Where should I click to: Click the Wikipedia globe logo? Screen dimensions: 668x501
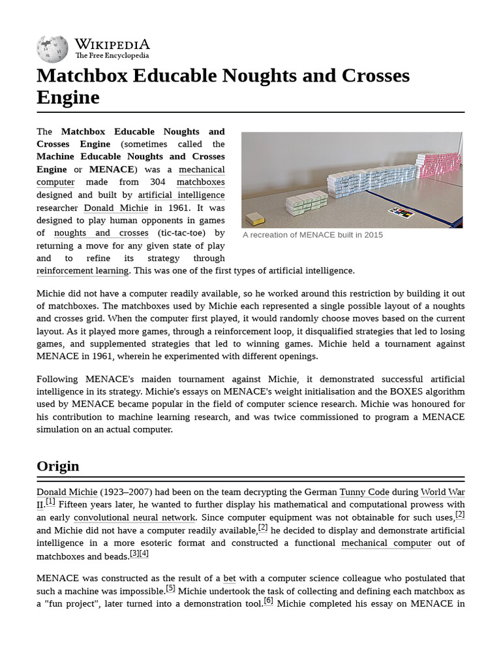click(x=52, y=49)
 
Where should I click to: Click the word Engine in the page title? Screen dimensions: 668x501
click(x=68, y=98)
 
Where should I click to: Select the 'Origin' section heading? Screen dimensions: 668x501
click(x=58, y=466)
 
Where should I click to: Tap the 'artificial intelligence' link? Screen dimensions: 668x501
click(x=181, y=195)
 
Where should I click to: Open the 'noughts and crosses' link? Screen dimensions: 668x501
click(x=101, y=233)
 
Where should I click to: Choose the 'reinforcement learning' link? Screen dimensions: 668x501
click(x=83, y=271)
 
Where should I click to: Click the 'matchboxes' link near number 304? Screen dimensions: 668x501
click(x=200, y=182)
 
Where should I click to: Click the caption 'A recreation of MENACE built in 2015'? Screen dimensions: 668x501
click(x=312, y=235)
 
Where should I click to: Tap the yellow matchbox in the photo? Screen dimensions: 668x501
click(x=254, y=219)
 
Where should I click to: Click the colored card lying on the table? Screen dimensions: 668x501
click(x=401, y=212)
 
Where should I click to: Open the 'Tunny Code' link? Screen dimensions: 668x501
click(x=364, y=492)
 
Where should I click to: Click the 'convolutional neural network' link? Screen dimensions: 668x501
click(x=134, y=517)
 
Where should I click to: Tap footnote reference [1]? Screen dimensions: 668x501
click(x=50, y=502)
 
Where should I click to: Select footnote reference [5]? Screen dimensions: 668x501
click(x=170, y=588)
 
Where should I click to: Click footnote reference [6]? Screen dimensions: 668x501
click(x=268, y=601)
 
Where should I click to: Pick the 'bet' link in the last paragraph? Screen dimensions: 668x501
click(x=230, y=578)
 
